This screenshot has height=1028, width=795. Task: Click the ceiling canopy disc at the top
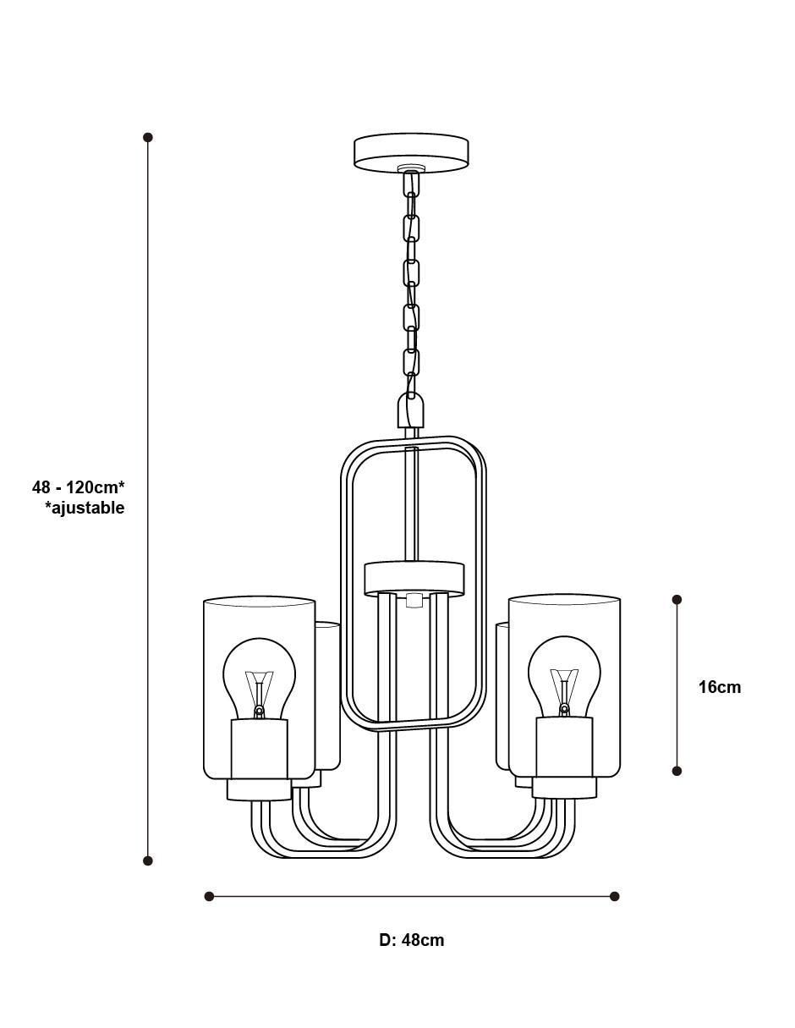411,151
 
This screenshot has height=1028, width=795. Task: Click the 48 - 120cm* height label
79,487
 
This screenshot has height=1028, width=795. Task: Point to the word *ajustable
85,509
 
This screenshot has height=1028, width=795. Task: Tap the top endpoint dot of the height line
148,137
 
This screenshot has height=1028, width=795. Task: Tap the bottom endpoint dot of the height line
148,860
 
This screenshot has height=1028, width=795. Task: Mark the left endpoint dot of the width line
209,896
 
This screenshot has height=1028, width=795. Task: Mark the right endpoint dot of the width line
615,896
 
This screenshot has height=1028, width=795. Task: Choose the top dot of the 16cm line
677,599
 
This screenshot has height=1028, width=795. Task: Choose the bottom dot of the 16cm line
677,771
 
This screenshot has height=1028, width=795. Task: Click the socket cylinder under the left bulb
259,749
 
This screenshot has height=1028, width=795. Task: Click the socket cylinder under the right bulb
564,746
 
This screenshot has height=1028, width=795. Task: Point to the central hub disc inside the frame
414,578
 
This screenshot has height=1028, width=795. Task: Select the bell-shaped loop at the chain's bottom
409,410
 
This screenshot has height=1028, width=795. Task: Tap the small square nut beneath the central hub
414,601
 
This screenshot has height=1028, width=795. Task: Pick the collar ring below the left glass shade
259,789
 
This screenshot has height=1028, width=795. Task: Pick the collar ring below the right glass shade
564,787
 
